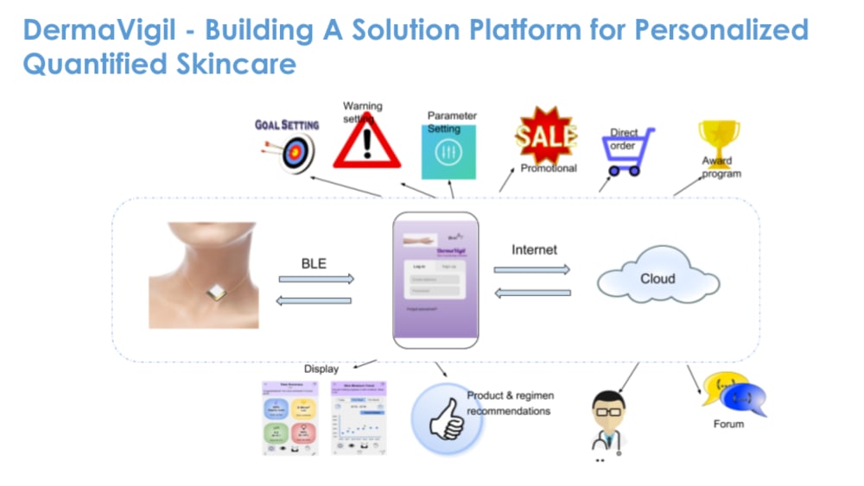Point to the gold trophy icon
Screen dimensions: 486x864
(x=719, y=139)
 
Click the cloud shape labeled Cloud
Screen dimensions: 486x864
(x=658, y=279)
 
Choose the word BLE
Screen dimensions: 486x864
(x=314, y=263)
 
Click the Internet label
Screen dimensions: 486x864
(x=535, y=250)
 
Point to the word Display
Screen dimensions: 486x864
(x=321, y=369)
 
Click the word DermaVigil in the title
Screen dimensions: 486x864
(x=97, y=29)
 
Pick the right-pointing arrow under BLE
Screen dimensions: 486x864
(x=316, y=279)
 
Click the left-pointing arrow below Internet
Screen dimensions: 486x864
(x=531, y=293)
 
